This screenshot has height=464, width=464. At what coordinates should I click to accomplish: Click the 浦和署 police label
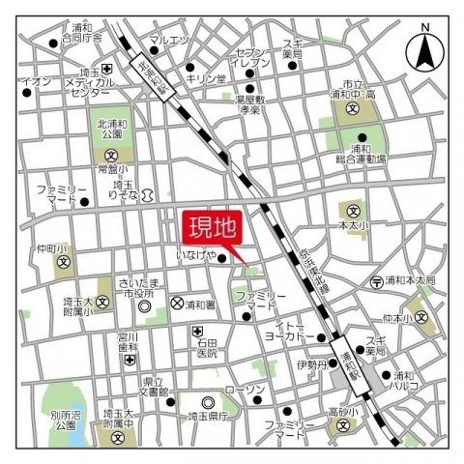[x=203, y=304]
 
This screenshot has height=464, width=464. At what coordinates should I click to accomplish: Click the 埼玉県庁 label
[x=208, y=416]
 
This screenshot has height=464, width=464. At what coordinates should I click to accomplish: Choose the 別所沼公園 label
[x=39, y=420]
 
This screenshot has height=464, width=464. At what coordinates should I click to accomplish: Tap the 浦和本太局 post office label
[x=407, y=280]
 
